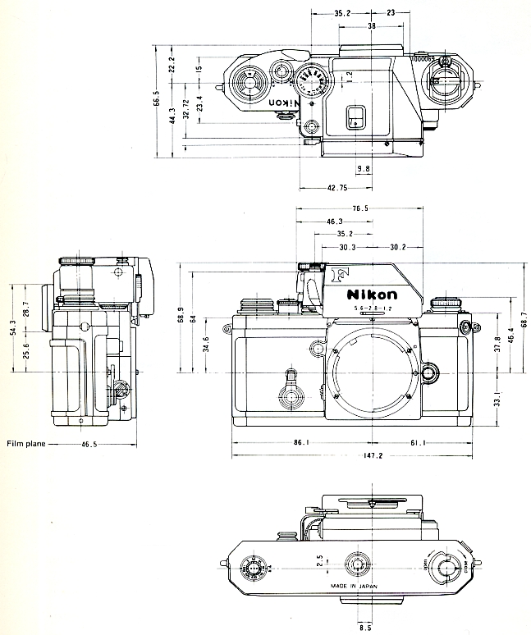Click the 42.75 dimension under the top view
click(337, 188)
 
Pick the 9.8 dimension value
click(363, 169)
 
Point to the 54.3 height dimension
click(12, 328)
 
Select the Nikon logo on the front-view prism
click(372, 295)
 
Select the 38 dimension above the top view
click(372, 27)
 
